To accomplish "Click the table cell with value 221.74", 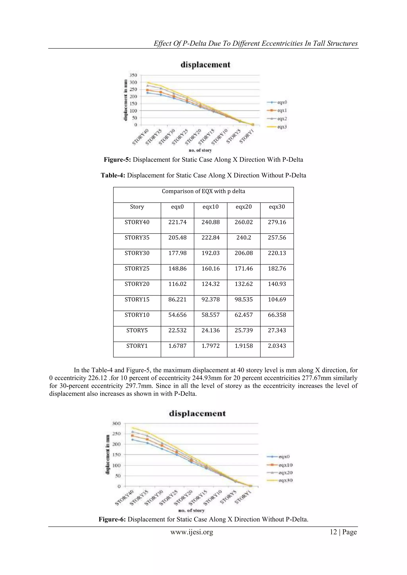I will (x=177, y=222).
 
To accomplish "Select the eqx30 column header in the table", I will (x=277, y=207).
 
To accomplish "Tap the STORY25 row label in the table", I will (x=137, y=269).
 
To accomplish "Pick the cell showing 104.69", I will (x=277, y=299).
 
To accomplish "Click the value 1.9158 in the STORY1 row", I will (x=244, y=346).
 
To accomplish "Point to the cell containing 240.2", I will (x=244, y=238).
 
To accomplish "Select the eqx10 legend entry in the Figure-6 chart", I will (x=285, y=465).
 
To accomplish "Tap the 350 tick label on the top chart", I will (x=133, y=75).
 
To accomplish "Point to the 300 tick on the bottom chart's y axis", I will (x=116, y=423).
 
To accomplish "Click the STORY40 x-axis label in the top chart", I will (x=140, y=137).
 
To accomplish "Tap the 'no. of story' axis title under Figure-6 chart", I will (x=191, y=510).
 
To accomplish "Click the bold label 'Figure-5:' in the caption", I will (x=117, y=160).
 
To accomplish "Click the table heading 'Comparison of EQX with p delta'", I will (x=203, y=191).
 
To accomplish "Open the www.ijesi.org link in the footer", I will (x=192, y=532).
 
